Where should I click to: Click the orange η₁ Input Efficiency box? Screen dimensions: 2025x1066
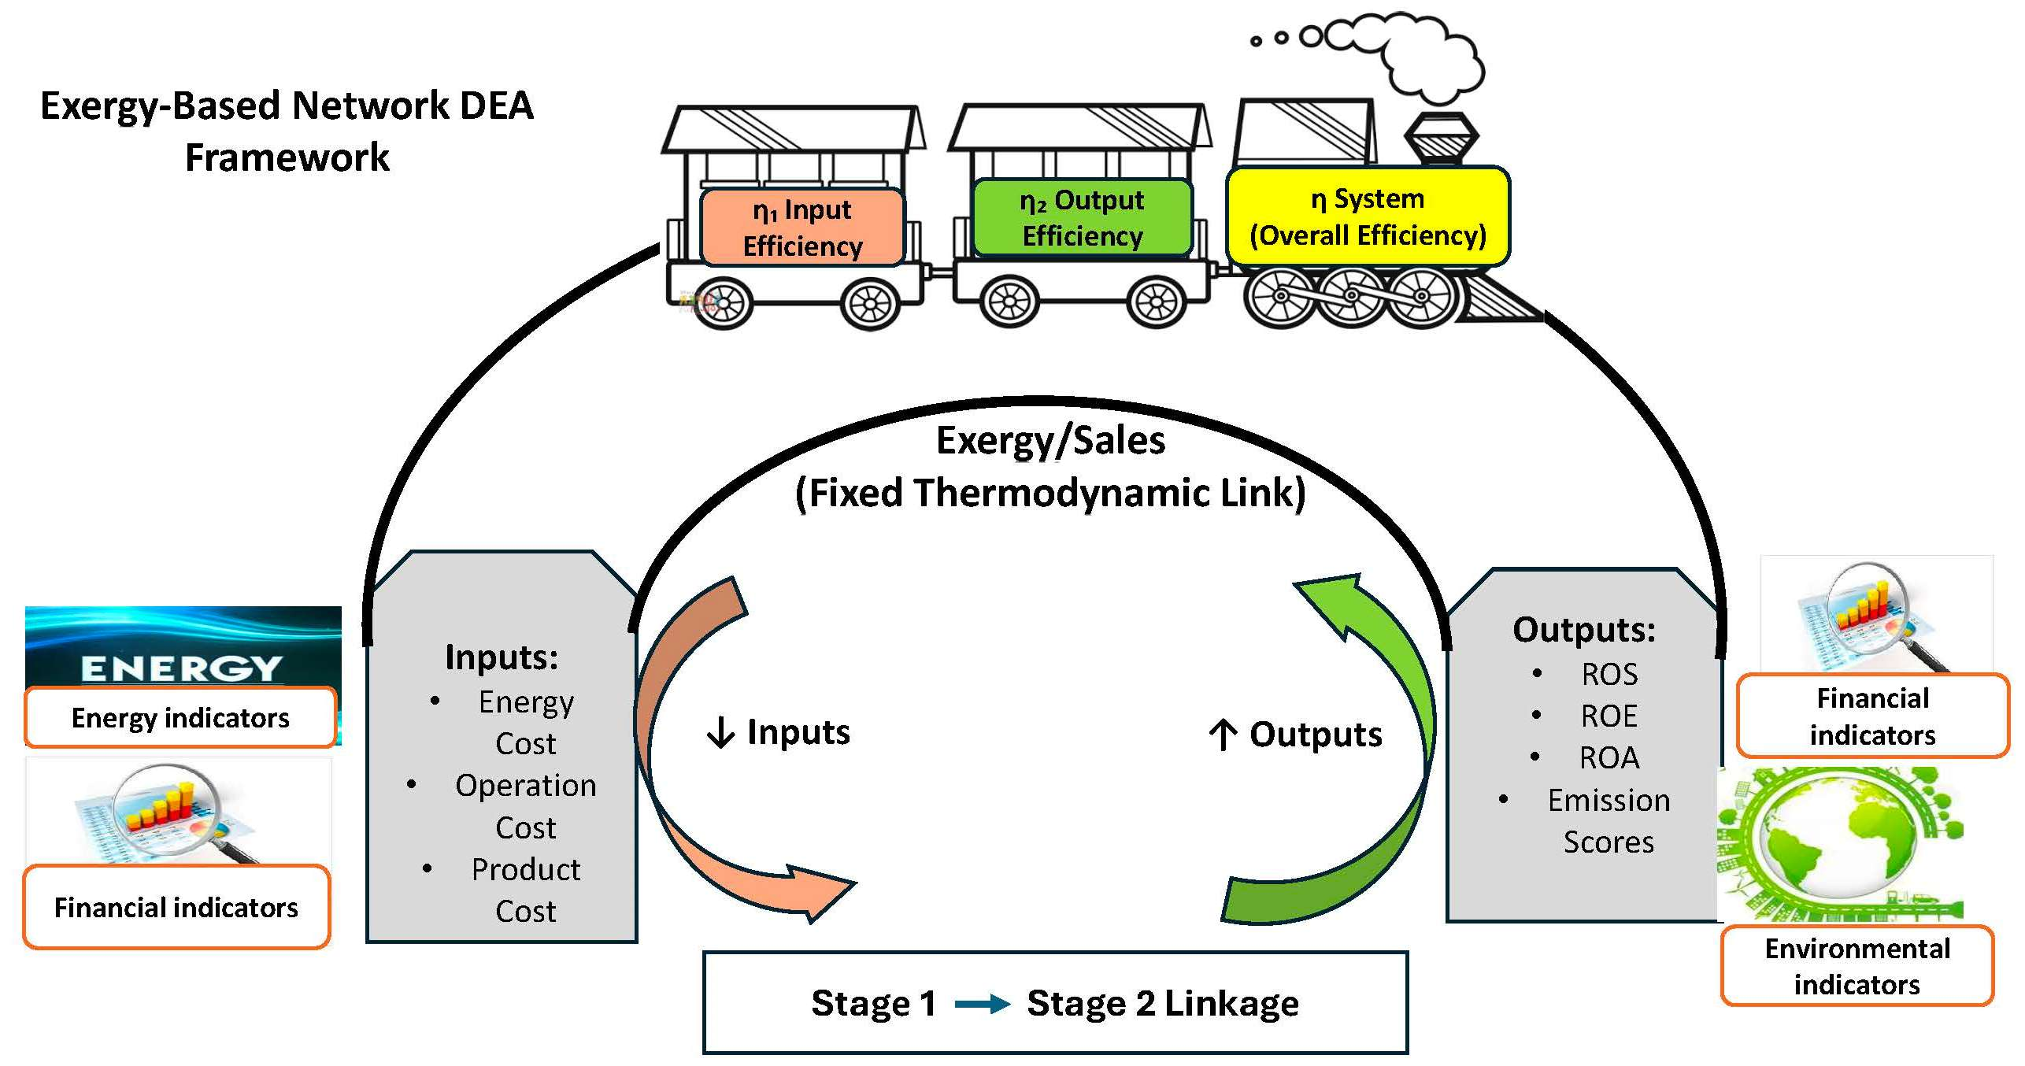pyautogui.click(x=802, y=227)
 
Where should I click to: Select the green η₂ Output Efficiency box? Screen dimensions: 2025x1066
pyautogui.click(x=1083, y=218)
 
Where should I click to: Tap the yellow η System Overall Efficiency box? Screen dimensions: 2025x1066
pyautogui.click(x=1368, y=216)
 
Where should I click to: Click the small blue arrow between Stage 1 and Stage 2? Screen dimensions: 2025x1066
pyautogui.click(x=982, y=1004)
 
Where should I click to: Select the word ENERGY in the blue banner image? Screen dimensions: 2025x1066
pyautogui.click(x=181, y=668)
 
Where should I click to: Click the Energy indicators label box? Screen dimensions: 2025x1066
pyautogui.click(x=180, y=717)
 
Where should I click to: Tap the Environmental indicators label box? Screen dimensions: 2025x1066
pyautogui.click(x=1857, y=966)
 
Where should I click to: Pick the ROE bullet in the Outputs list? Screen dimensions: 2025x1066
pyautogui.click(x=1609, y=716)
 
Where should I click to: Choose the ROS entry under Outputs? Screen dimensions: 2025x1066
pyautogui.click(x=1609, y=674)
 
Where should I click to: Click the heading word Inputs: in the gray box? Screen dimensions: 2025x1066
pyautogui.click(x=502, y=657)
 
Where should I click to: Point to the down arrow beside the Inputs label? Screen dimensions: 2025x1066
pyautogui.click(x=720, y=733)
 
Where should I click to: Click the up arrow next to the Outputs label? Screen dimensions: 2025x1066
pyautogui.click(x=1223, y=735)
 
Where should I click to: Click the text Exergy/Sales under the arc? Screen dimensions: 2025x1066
pyautogui.click(x=1050, y=441)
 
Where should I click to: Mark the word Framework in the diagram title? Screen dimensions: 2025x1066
pyautogui.click(x=287, y=157)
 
